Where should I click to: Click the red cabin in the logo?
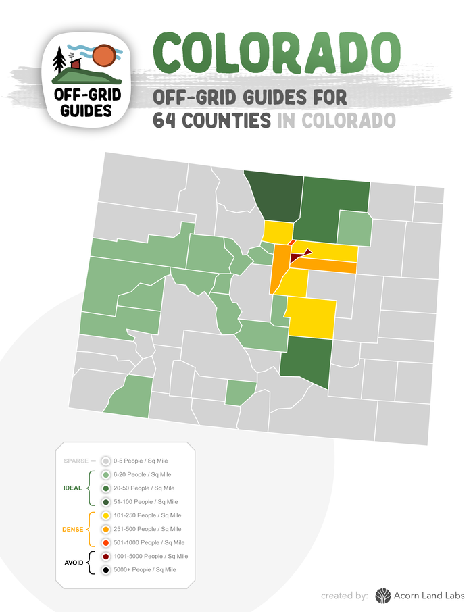(76, 63)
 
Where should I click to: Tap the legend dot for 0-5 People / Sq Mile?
(105, 461)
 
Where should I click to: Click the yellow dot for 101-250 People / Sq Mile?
(105, 515)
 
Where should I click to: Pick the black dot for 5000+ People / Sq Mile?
(105, 570)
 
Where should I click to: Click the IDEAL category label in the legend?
(72, 488)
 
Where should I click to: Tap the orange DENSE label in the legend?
(72, 529)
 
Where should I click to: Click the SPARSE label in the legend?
(76, 461)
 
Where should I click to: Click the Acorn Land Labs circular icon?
(383, 595)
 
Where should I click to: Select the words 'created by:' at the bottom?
(345, 595)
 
